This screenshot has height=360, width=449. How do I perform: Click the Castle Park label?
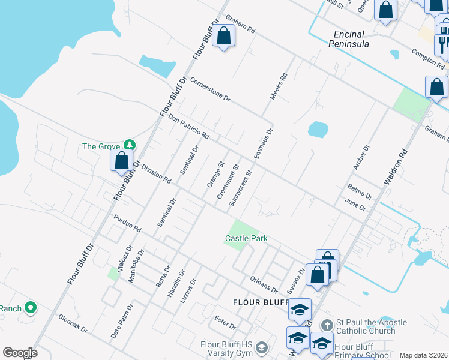[246, 238]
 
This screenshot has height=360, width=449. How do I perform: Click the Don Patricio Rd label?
[188, 127]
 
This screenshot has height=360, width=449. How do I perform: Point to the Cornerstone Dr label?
[210, 89]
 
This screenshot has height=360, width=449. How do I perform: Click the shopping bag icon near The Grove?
[121, 160]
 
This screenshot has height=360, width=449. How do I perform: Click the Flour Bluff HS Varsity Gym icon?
[262, 347]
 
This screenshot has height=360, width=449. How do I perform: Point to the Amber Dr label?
[362, 158]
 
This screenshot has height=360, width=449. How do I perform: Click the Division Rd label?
[157, 175]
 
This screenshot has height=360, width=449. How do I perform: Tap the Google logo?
[20, 353]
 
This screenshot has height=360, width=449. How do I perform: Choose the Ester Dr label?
[225, 322]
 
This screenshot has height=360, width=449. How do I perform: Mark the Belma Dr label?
[360, 191]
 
